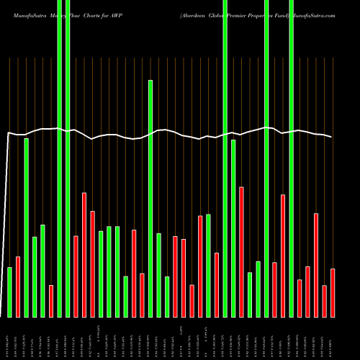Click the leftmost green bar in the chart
[x=10, y=292]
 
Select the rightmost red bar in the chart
[x=332, y=292]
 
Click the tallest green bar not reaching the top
[x=150, y=198]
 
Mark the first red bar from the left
[x=18, y=287]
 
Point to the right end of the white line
[x=332, y=137]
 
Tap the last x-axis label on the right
[x=332, y=338]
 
